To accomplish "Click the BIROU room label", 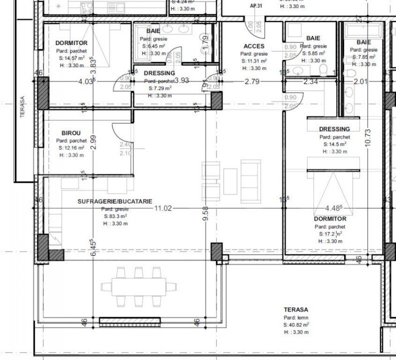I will tap(71, 133).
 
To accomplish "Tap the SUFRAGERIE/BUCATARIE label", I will tap(115, 201).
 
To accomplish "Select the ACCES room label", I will tap(254, 46).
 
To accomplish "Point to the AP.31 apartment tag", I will tap(256, 6).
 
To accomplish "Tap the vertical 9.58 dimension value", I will tap(205, 216).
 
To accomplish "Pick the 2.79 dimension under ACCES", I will tap(252, 81).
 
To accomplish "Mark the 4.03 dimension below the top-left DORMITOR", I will tap(86, 81).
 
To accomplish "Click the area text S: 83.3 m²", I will tap(115, 217).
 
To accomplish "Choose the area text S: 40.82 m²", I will tap(296, 324).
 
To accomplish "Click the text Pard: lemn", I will tap(296, 317).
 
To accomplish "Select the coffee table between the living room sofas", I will tap(230, 180).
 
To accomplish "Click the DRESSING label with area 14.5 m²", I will tap(334, 129).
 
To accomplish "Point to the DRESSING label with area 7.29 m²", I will tap(159, 73).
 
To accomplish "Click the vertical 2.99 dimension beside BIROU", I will tap(93, 142).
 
